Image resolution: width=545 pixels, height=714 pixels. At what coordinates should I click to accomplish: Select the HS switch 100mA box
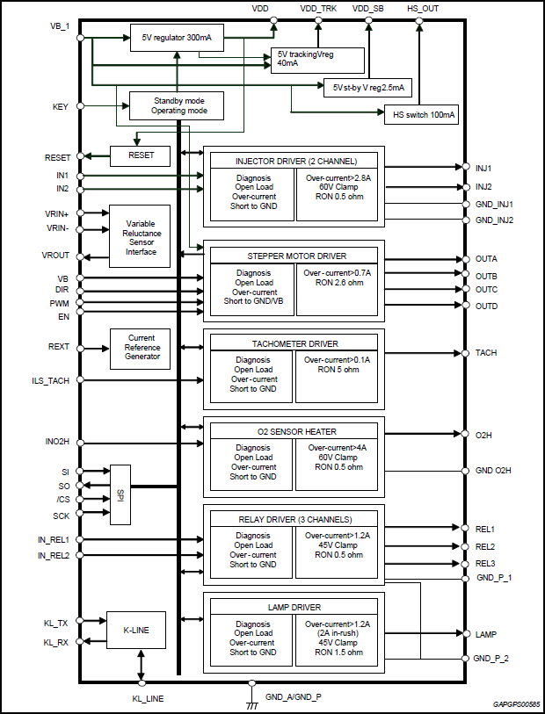(421, 114)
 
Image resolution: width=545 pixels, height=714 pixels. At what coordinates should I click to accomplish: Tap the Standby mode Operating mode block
(177, 106)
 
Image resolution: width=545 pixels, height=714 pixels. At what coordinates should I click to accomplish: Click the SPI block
(122, 494)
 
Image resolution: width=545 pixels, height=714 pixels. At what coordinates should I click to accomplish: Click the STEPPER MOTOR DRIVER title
(294, 256)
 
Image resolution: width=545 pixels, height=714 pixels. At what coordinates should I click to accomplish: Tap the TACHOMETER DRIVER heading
(294, 343)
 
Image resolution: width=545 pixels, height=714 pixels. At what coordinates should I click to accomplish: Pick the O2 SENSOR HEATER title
(294, 431)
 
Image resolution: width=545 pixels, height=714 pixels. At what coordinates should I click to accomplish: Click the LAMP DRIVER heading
(294, 607)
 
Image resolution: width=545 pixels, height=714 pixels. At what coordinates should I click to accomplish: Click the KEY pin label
(61, 107)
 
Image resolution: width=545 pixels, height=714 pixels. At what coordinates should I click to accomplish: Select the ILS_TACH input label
(50, 380)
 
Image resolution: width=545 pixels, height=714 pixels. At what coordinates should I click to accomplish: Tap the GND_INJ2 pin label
(494, 220)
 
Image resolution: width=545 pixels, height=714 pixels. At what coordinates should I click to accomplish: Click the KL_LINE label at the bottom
(141, 698)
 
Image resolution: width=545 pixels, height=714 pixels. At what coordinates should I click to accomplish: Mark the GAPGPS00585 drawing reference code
(517, 704)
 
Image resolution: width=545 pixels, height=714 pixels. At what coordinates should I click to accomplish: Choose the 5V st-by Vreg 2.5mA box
(367, 87)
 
